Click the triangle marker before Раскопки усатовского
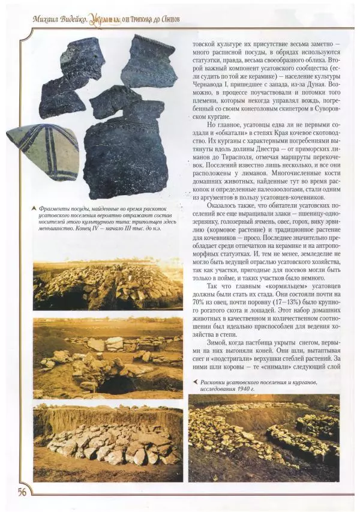(x=194, y=380)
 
